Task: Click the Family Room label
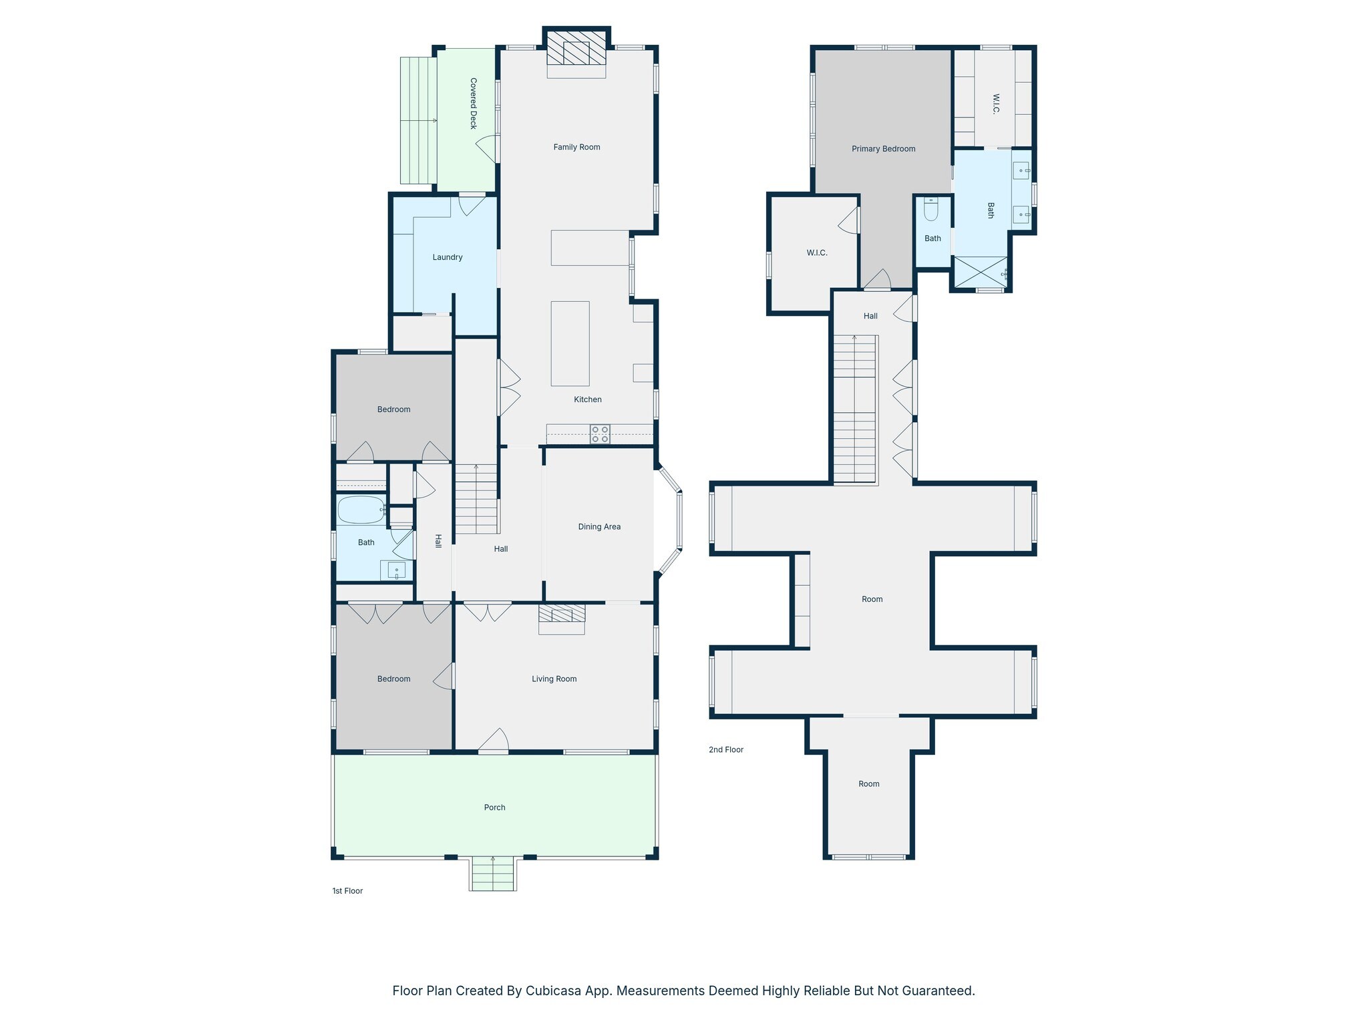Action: [x=576, y=147]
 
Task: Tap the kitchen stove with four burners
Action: [x=600, y=434]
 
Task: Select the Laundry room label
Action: [x=448, y=257]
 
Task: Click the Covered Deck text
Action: [x=474, y=104]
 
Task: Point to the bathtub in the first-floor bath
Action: [x=361, y=510]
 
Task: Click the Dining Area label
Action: [x=599, y=526]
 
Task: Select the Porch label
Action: [x=494, y=807]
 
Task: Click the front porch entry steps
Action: [x=493, y=874]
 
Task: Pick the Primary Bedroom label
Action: [x=883, y=148]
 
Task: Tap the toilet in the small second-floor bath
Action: [x=931, y=209]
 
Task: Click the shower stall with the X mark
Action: [x=981, y=272]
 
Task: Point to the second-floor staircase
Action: [x=854, y=409]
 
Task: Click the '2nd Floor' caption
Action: [x=726, y=749]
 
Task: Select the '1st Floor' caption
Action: [x=347, y=890]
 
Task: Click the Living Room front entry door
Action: [x=494, y=741]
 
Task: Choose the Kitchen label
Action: [x=588, y=399]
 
